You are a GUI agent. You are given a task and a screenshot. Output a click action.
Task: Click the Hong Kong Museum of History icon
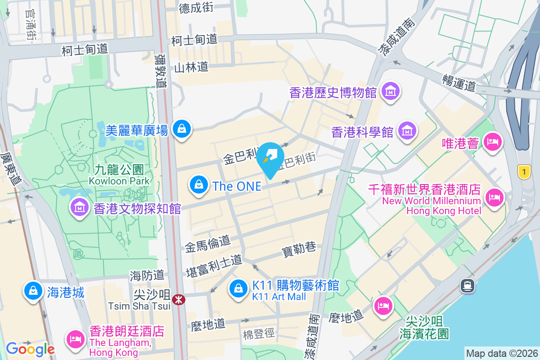coord(390,92)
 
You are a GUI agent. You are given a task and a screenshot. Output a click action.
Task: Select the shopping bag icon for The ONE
coord(198,185)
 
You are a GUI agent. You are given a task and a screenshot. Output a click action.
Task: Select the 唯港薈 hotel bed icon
coord(492,142)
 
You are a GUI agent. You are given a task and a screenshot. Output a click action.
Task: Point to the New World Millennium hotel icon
coord(495,197)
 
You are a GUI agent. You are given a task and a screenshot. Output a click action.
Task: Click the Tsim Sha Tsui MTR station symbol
coord(179,299)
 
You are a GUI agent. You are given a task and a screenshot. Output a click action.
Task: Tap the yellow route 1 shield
coord(523,171)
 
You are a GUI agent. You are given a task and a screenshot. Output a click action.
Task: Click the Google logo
coord(30,349)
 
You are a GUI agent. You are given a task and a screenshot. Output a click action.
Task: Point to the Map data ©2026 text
coord(502,353)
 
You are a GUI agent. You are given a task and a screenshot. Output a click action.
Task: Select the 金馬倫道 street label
coord(207,243)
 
